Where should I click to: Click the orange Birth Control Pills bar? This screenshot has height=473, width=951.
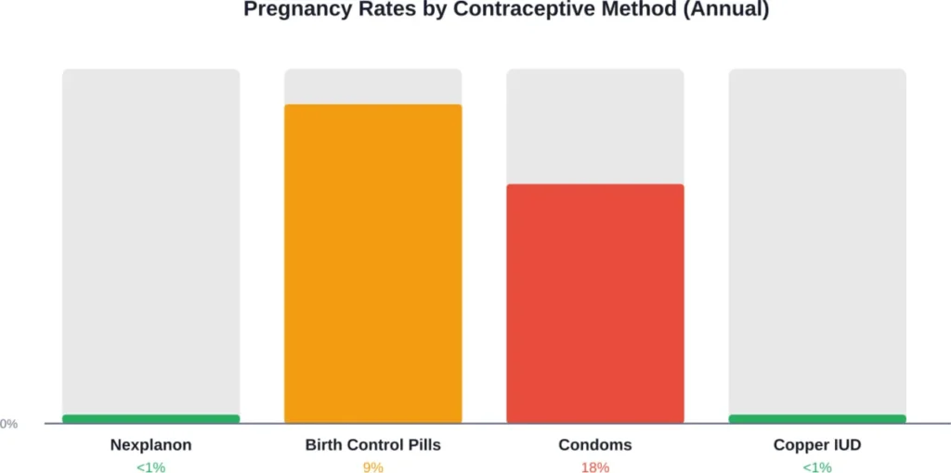click(x=372, y=263)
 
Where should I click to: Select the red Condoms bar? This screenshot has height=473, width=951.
click(x=594, y=303)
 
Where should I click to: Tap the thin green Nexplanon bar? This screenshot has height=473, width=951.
click(x=150, y=419)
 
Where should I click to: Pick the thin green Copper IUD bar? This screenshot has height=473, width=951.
click(x=816, y=419)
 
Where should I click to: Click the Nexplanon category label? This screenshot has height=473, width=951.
click(x=150, y=445)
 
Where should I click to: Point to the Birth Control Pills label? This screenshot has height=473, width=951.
click(x=372, y=445)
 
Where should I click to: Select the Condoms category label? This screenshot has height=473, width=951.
click(x=594, y=445)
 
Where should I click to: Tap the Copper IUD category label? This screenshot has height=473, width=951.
click(x=816, y=445)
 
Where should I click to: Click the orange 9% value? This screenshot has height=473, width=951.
click(x=372, y=467)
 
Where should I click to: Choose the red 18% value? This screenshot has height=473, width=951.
click(x=594, y=467)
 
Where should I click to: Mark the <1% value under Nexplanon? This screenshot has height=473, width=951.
click(x=150, y=467)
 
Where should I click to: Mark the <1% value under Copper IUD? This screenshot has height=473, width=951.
click(x=816, y=467)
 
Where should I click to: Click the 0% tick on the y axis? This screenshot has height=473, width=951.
click(x=8, y=424)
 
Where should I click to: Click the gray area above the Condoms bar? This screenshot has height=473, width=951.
click(x=594, y=126)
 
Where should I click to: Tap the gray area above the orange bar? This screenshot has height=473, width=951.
click(x=372, y=86)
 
